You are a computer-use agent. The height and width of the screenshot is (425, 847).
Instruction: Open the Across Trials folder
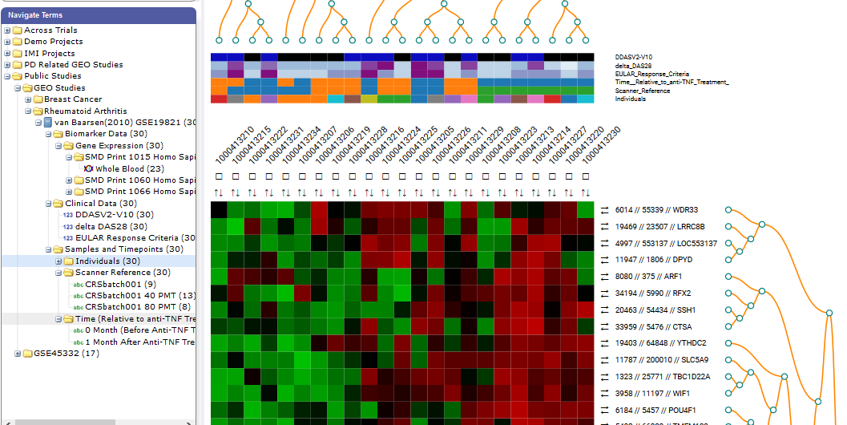[50, 30]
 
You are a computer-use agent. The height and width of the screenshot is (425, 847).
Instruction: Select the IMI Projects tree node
[49, 54]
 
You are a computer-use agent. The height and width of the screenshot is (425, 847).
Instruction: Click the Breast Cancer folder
[73, 99]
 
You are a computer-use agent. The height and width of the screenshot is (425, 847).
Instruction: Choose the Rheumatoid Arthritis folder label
[85, 111]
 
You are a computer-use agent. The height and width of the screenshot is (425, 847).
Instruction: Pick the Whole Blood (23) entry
[130, 169]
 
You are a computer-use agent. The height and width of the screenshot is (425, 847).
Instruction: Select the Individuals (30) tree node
[107, 261]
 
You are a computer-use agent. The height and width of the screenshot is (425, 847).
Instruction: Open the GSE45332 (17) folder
[61, 354]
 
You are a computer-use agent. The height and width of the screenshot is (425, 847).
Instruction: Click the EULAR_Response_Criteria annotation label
[651, 74]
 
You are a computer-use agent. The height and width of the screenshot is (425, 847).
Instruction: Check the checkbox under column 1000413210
[219, 176]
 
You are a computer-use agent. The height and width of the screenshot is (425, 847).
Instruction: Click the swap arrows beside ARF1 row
[604, 277]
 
